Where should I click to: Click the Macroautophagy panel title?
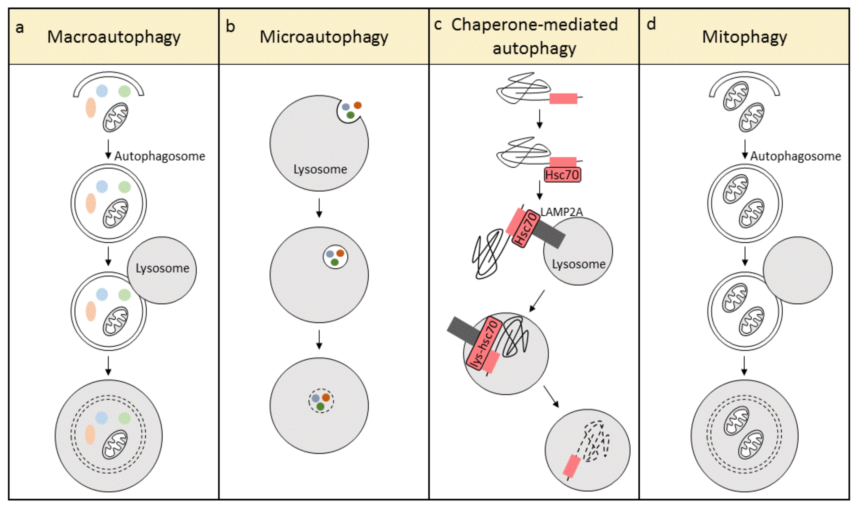[114, 37]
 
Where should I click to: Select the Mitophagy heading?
[744, 37]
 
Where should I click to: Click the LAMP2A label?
[561, 212]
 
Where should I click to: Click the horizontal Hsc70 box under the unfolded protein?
[562, 175]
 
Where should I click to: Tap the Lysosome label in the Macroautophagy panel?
[162, 268]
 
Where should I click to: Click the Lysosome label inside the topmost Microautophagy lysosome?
[320, 169]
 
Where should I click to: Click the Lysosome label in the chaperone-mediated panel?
[578, 264]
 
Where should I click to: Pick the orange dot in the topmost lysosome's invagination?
[357, 105]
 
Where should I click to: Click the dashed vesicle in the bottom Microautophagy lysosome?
[321, 401]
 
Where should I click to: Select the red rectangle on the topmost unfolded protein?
[563, 99]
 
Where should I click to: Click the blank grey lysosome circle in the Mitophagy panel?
[797, 270]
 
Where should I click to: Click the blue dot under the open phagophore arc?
[102, 91]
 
